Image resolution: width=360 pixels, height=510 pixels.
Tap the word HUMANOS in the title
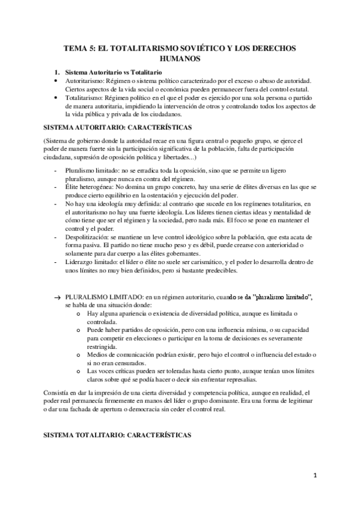pos(180,59)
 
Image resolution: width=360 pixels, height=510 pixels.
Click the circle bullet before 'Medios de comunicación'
pos(79,355)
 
